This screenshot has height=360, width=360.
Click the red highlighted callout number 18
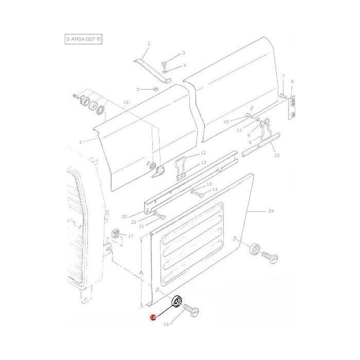click(x=153, y=318)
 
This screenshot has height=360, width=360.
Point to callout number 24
click(x=271, y=211)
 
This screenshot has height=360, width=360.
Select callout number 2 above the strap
click(x=148, y=44)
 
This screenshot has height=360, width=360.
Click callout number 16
click(x=126, y=102)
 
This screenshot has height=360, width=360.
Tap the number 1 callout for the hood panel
click(x=80, y=141)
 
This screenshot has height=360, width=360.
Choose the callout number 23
click(x=277, y=155)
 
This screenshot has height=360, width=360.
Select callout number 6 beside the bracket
click(x=292, y=81)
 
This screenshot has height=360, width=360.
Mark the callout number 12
click(x=203, y=153)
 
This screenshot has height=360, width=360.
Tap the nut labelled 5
click(x=156, y=89)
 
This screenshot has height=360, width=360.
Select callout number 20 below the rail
click(x=124, y=217)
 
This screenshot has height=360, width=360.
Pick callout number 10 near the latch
click(x=226, y=122)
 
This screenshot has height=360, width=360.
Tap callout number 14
click(x=215, y=189)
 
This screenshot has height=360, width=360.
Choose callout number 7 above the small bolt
click(x=283, y=76)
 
